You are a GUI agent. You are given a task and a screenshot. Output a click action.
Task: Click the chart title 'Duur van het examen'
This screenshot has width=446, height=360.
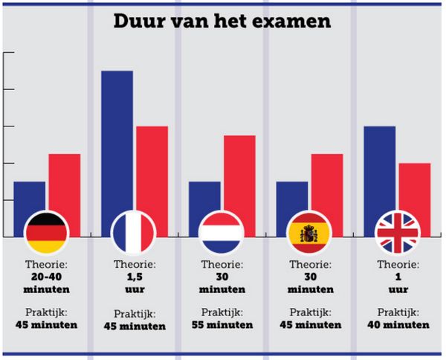pyautogui.click(x=222, y=21)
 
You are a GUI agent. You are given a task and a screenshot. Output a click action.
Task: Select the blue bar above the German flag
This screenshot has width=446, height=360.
pyautogui.click(x=29, y=198)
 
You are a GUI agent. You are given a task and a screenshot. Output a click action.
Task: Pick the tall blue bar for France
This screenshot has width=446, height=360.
pyautogui.click(x=117, y=141)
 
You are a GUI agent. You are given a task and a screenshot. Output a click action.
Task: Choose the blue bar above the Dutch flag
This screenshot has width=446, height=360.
pyautogui.click(x=204, y=198)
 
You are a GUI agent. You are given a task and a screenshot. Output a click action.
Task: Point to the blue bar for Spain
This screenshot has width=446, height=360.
pyautogui.click(x=292, y=198)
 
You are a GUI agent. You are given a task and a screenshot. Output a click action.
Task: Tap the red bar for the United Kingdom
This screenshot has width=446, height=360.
pyautogui.click(x=415, y=190)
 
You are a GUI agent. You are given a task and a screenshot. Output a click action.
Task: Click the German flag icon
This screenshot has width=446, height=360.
pyautogui.click(x=47, y=233)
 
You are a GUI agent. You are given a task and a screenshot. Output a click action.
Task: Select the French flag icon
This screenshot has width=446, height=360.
pyautogui.click(x=133, y=233)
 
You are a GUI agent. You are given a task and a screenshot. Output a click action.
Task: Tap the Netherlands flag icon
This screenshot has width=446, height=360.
pyautogui.click(x=222, y=233)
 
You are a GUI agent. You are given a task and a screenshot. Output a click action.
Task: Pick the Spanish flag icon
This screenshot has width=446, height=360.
pyautogui.click(x=309, y=233)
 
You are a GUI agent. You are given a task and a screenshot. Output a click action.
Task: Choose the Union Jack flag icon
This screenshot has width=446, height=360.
pyautogui.click(x=398, y=233)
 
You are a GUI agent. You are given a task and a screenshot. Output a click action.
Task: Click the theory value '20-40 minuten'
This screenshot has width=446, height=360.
pyautogui.click(x=46, y=283)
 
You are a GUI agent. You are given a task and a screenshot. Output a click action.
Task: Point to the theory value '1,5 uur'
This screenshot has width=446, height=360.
pyautogui.click(x=134, y=283)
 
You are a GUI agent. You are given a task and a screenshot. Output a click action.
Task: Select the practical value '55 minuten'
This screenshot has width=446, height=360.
pyautogui.click(x=222, y=325)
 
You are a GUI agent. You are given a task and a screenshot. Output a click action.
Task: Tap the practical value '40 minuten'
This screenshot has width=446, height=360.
pyautogui.click(x=398, y=325)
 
